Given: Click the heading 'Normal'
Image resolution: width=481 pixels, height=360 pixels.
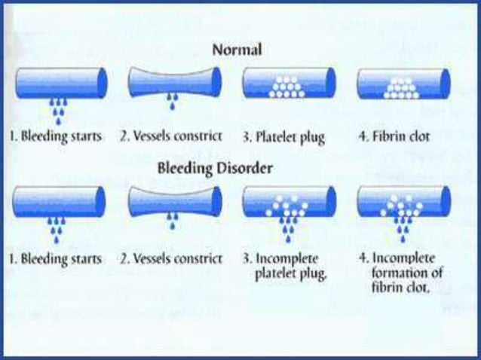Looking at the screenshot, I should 237,50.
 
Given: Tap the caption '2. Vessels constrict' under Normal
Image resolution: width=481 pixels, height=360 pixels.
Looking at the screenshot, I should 172,138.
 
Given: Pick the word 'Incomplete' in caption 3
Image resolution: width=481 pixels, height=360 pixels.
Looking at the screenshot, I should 291,258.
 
